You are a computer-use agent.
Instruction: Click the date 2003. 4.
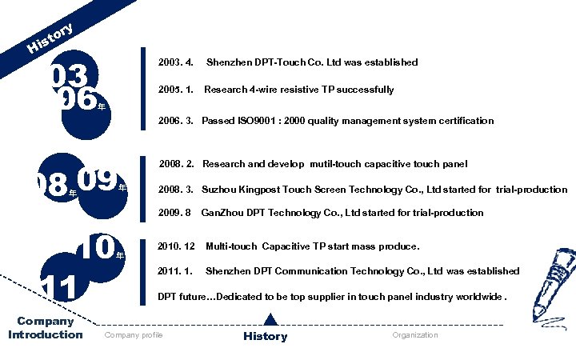(x=176, y=62)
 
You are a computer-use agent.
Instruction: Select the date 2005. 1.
(x=176, y=90)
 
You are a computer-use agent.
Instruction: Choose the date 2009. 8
(x=175, y=213)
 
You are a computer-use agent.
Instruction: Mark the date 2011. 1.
(x=176, y=271)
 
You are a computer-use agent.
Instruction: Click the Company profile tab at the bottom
(x=134, y=335)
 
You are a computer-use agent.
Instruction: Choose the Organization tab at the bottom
(x=415, y=335)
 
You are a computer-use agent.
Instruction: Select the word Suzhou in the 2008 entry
(x=218, y=190)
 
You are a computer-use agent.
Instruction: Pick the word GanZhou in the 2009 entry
(x=219, y=213)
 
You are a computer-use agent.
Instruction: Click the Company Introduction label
(x=46, y=328)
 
